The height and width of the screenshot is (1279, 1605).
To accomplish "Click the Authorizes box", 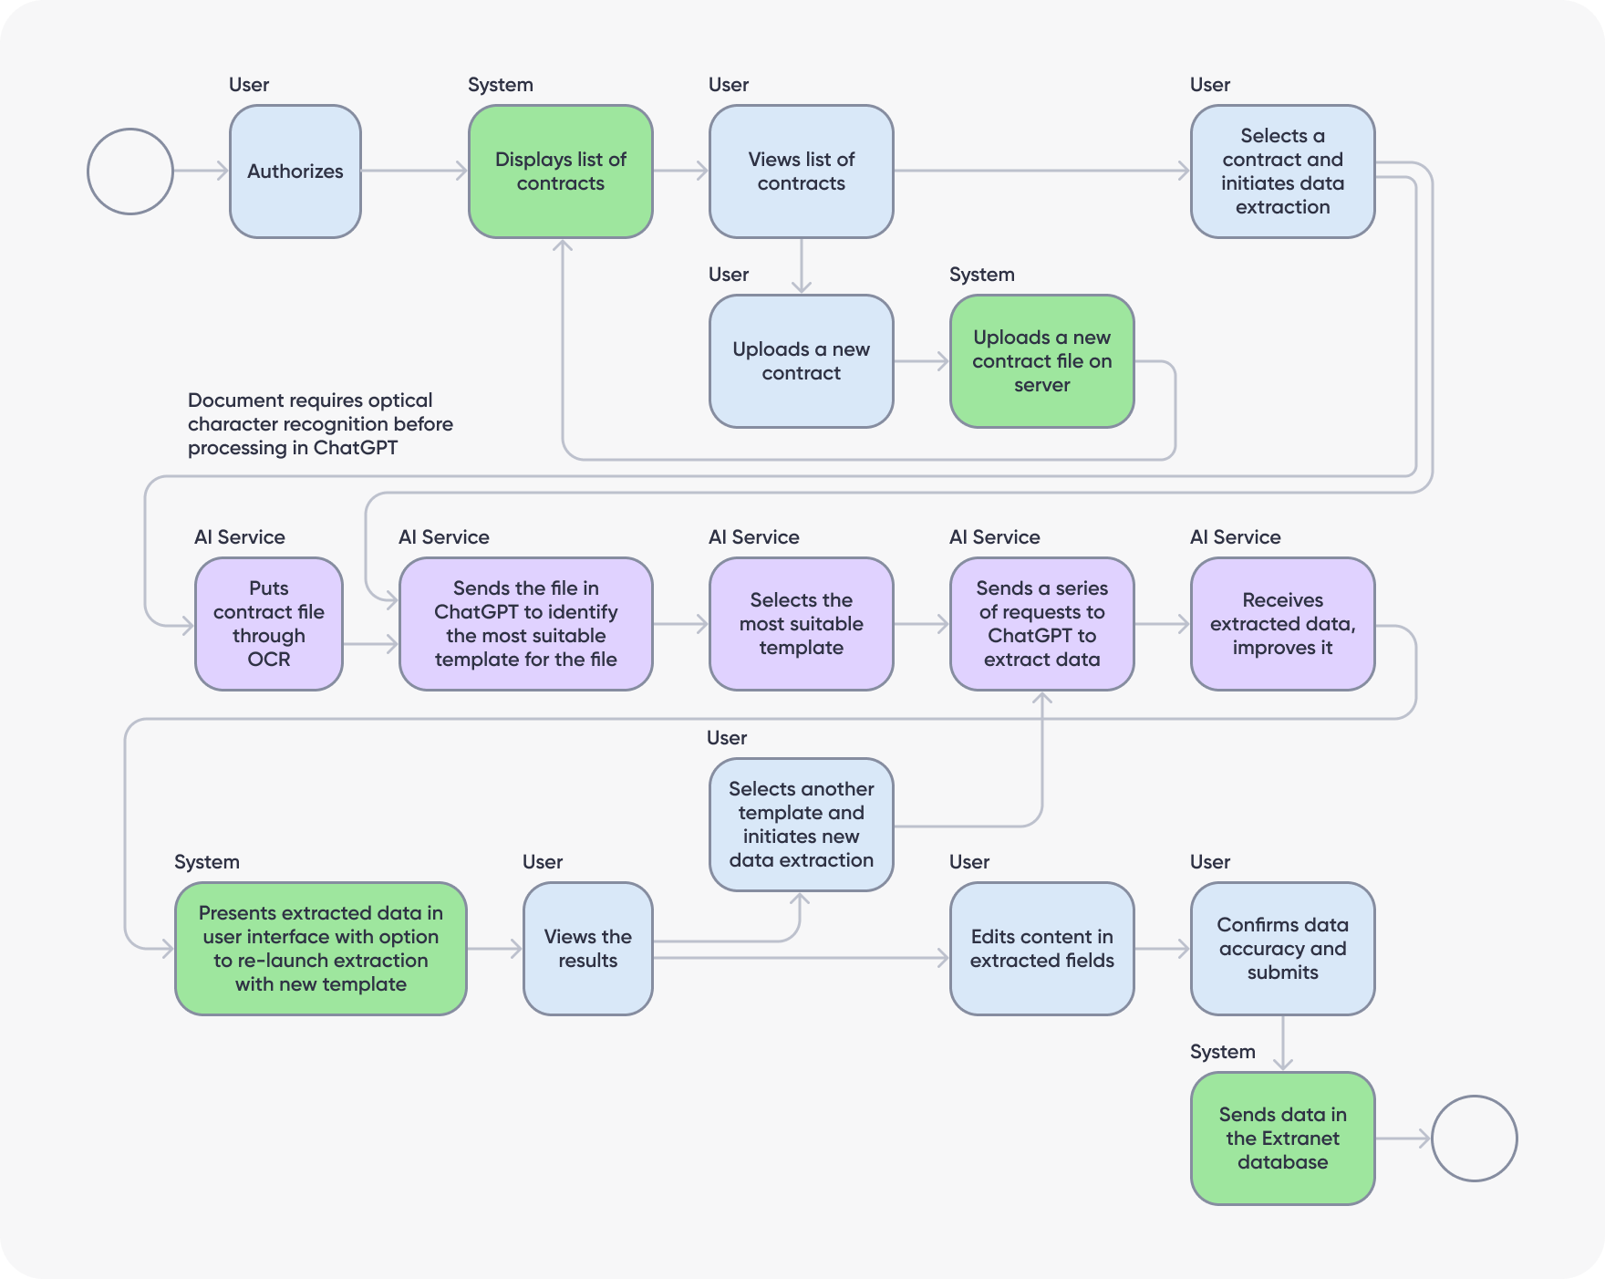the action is [295, 172].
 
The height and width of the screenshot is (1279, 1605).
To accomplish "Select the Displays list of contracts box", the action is [561, 172].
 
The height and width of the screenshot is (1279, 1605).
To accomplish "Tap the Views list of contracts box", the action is [802, 172].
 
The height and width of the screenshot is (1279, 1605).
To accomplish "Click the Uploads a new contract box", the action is [802, 361].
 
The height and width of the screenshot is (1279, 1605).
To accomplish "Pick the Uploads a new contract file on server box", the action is [1042, 361].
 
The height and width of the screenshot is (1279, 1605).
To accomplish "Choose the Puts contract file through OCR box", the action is [269, 624].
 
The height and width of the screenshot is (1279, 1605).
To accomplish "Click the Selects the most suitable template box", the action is [802, 624].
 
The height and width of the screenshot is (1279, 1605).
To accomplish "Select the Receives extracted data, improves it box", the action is [1283, 624].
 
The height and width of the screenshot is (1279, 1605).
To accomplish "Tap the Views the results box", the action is [588, 949].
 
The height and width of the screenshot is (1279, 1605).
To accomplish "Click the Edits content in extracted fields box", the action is [1042, 949].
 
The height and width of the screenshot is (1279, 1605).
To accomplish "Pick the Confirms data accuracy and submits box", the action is [1283, 949].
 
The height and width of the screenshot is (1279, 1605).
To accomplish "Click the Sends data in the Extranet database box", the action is [1283, 1139].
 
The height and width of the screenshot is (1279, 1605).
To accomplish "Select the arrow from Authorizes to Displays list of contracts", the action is [415, 171].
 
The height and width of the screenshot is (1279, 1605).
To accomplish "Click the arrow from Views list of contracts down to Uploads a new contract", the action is [802, 266].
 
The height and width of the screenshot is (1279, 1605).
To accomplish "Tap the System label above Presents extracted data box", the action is [207, 862].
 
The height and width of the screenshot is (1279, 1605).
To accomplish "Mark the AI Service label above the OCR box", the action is [240, 537].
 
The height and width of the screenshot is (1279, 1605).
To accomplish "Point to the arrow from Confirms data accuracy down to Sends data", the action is [1283, 1044].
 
